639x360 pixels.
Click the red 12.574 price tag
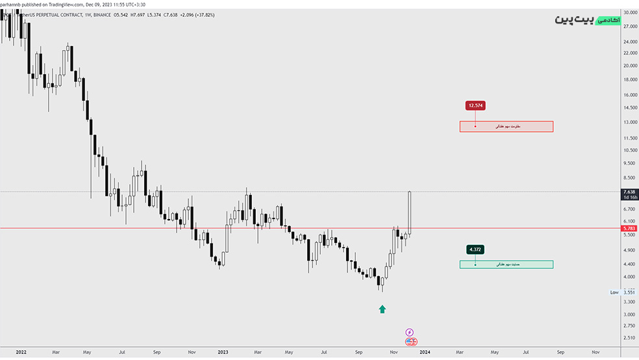coord(475,105)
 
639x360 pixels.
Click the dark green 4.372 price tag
coord(475,250)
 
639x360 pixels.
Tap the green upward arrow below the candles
coord(382,309)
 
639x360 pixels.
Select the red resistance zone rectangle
coord(506,126)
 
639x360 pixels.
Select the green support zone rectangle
coord(506,264)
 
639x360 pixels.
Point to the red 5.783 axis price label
coord(629,228)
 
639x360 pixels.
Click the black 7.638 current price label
coord(629,192)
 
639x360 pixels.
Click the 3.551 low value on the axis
coord(629,292)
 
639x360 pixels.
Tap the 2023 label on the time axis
coord(223,352)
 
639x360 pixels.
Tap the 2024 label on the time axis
coord(425,352)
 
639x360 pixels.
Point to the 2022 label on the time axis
coord(21,352)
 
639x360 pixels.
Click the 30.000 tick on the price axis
coord(629,12)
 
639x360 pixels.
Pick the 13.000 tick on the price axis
coord(629,122)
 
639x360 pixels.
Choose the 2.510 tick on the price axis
coord(629,338)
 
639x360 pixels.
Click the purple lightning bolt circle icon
coord(410,332)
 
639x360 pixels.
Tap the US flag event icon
coord(411,341)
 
